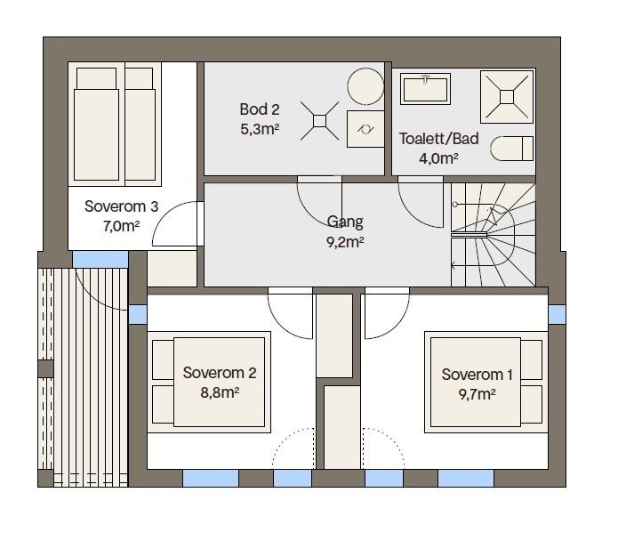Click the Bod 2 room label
tap(260, 109)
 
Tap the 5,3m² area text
tap(260, 129)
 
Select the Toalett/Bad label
tap(438, 139)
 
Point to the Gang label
tap(345, 222)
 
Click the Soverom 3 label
tap(122, 206)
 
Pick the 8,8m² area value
tap(220, 392)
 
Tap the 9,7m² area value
tap(477, 394)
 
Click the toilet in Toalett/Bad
tap(511, 149)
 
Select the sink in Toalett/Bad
tap(425, 89)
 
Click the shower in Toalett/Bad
tap(507, 97)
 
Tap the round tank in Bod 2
tap(365, 86)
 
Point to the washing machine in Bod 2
tap(365, 129)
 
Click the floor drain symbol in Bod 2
tap(319, 121)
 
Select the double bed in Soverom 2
tap(209, 383)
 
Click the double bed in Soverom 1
tap(486, 383)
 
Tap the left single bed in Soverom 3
tap(97, 125)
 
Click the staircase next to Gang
tap(493, 235)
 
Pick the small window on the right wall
tap(557, 314)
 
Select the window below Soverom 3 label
tap(100, 259)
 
